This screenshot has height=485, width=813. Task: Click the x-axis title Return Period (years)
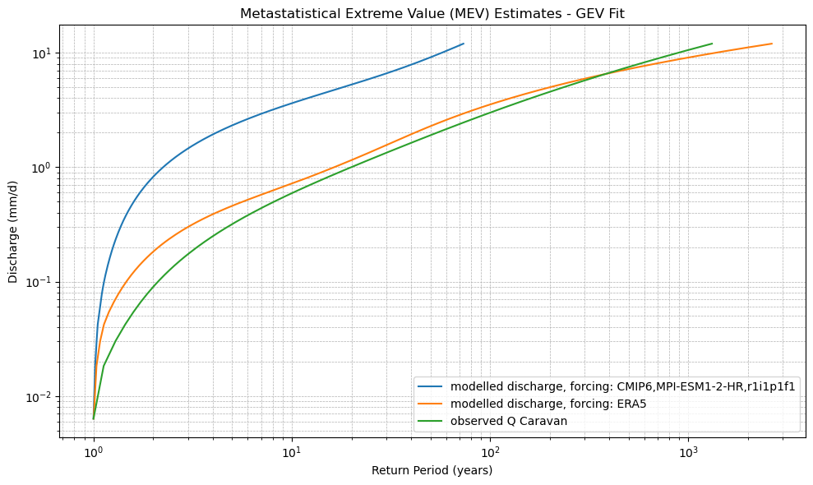432,471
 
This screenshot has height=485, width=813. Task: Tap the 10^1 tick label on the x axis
292,453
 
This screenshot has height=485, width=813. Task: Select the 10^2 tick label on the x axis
491,453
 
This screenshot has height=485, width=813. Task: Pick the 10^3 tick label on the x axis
689,453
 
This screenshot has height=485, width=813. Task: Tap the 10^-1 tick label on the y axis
37,282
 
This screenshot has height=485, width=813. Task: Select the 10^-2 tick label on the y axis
37,396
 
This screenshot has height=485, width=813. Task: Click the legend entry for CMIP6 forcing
623,387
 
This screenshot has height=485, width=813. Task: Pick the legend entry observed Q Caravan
509,421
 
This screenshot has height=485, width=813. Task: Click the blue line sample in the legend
432,387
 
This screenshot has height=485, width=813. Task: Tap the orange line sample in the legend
432,404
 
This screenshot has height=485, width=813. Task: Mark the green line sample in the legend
432,421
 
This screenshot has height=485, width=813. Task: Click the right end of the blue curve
464,44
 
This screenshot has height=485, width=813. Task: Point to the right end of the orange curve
772,44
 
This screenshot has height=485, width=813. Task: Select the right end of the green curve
712,44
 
